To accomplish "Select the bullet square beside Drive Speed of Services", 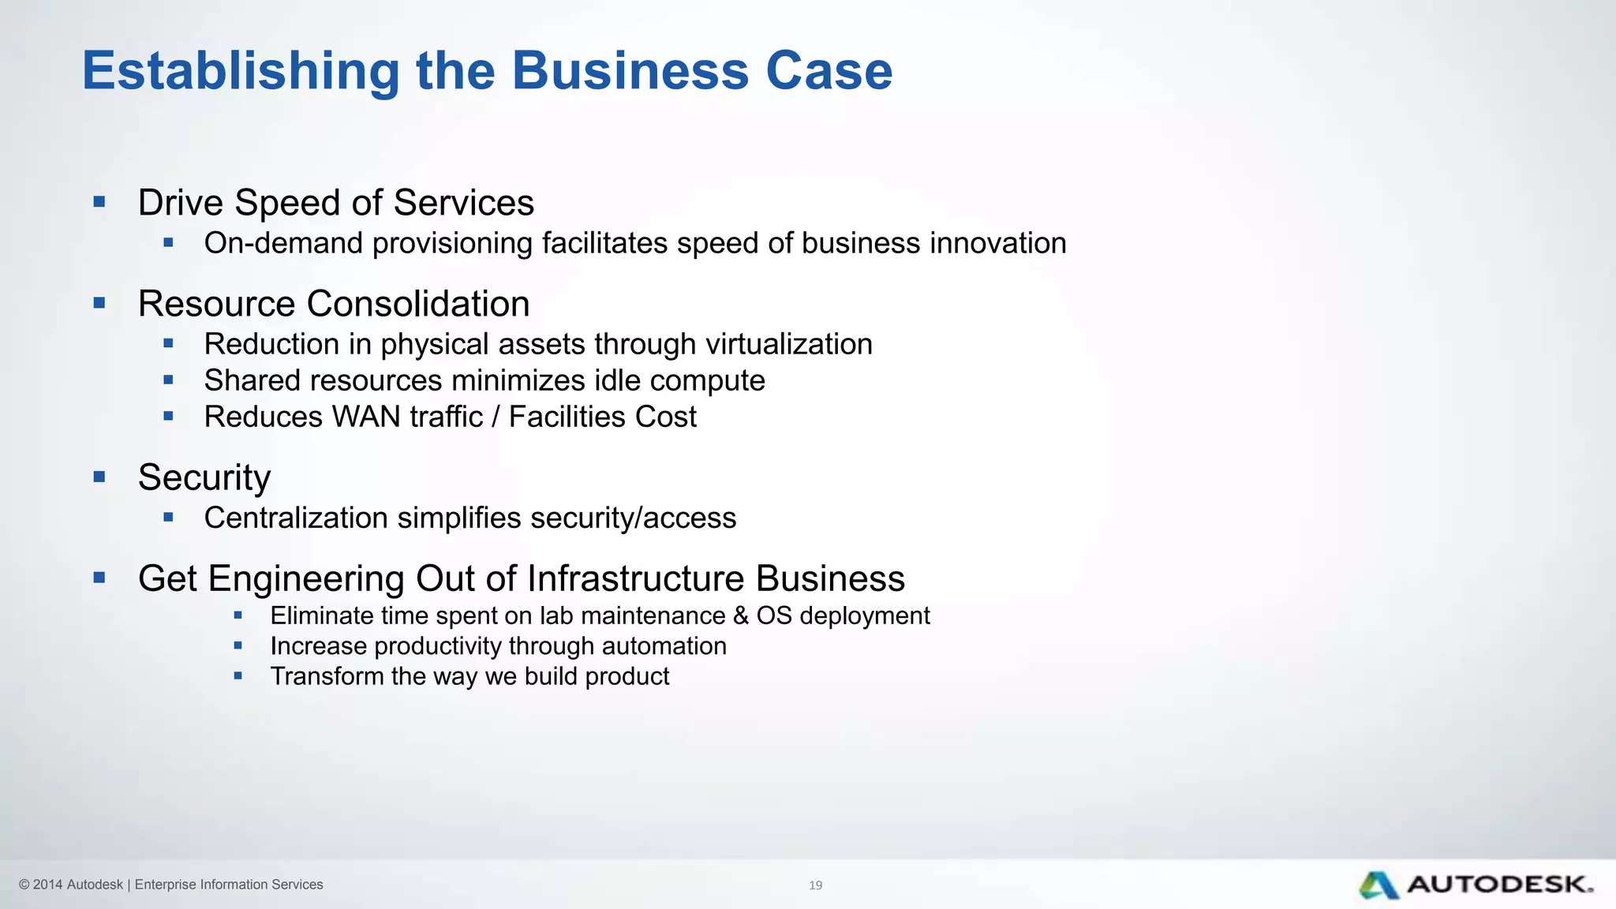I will point(99,202).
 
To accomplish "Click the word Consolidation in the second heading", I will point(418,304).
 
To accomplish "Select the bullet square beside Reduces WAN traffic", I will point(168,417).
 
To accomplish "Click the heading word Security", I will point(204,477).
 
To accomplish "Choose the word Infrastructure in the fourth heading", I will point(635,578).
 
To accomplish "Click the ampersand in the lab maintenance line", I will point(740,615).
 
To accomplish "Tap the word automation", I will point(664,646).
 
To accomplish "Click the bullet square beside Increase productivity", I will point(238,645).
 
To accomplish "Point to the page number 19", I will point(816,885).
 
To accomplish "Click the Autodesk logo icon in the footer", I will point(1379,885).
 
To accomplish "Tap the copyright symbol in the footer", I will point(24,885).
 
